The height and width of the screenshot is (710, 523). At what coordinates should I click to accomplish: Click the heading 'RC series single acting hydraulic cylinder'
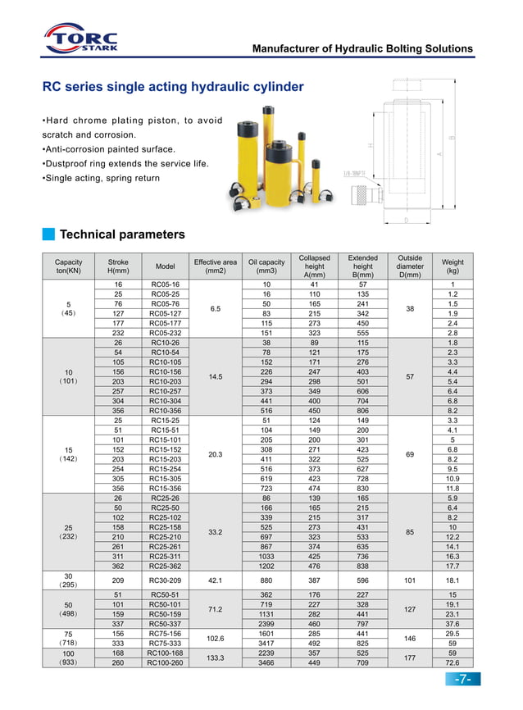173,87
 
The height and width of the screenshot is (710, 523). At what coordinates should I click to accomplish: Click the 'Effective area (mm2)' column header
215,266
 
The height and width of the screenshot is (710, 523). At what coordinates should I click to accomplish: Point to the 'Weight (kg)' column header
453,266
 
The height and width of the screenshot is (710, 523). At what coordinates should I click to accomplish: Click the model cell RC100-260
165,662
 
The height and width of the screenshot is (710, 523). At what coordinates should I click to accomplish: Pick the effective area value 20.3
215,454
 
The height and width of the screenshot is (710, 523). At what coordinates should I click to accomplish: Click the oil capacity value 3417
266,644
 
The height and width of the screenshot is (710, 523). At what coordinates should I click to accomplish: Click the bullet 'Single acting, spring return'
101,178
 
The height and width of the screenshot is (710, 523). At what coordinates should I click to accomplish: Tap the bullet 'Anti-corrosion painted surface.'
108,149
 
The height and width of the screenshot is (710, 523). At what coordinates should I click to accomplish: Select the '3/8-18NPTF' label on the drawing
355,174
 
